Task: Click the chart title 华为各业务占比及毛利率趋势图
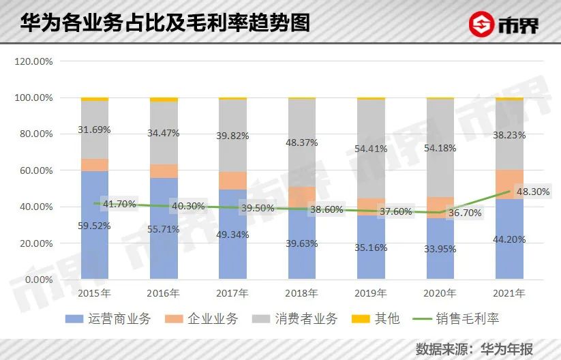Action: pyautogui.click(x=165, y=23)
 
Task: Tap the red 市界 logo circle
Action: pyautogui.click(x=481, y=24)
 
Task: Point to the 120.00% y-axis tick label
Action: pyautogui.click(x=33, y=61)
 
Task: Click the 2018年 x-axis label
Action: pyautogui.click(x=301, y=293)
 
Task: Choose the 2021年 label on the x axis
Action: pyautogui.click(x=509, y=293)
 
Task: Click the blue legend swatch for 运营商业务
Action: pyautogui.click(x=74, y=318)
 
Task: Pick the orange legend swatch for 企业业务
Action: pyautogui.click(x=174, y=318)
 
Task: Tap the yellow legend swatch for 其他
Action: pyautogui.click(x=361, y=318)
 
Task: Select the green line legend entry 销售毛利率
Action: pyautogui.click(x=456, y=318)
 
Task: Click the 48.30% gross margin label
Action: pyautogui.click(x=533, y=192)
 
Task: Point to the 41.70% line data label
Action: pyautogui.click(x=119, y=205)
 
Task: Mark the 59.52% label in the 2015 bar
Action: pyautogui.click(x=94, y=226)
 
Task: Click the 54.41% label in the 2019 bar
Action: pyautogui.click(x=371, y=149)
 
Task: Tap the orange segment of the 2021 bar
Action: pyautogui.click(x=509, y=184)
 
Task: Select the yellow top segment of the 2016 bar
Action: pyautogui.click(x=164, y=100)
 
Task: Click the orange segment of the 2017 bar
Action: pyautogui.click(x=233, y=181)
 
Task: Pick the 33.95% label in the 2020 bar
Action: pyautogui.click(x=440, y=249)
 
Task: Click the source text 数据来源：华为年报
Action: pyautogui.click(x=474, y=349)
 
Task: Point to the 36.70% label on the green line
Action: pyautogui.click(x=465, y=213)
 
